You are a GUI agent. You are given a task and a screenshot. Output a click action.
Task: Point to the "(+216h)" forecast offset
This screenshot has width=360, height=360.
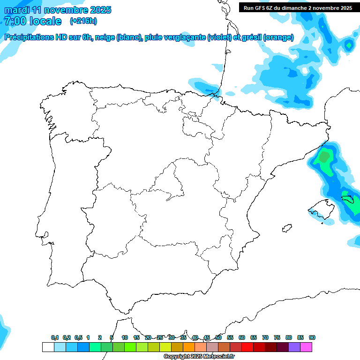[83, 21]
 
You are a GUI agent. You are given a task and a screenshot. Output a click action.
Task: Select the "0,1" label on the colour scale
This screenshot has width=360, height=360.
[55, 338]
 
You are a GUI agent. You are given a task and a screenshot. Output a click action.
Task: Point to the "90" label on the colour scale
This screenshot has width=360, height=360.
[312, 338]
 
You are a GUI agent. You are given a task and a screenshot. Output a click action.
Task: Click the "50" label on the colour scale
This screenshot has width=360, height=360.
[218, 338]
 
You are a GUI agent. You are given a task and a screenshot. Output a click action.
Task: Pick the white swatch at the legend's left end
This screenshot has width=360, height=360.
[48, 347]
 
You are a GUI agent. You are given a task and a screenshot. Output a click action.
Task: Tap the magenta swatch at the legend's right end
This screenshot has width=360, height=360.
[306, 347]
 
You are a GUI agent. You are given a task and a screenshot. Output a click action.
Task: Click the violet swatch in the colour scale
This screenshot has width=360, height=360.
[294, 347]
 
